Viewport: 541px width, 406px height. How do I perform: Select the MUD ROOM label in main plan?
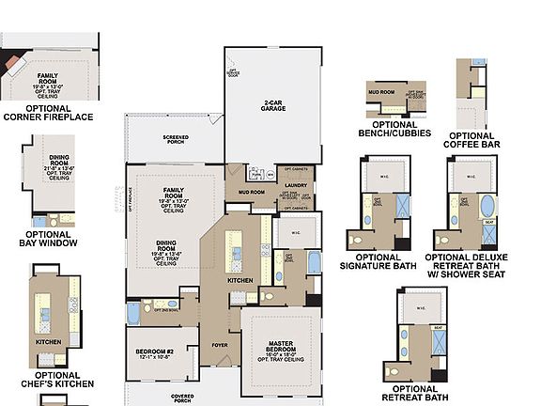point(251,193)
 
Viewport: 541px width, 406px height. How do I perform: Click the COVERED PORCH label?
point(183,398)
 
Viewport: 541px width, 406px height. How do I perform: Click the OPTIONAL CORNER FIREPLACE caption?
point(49,113)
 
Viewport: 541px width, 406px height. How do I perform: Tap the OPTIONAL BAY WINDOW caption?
point(47,239)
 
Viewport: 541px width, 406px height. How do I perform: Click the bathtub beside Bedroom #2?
point(133,311)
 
